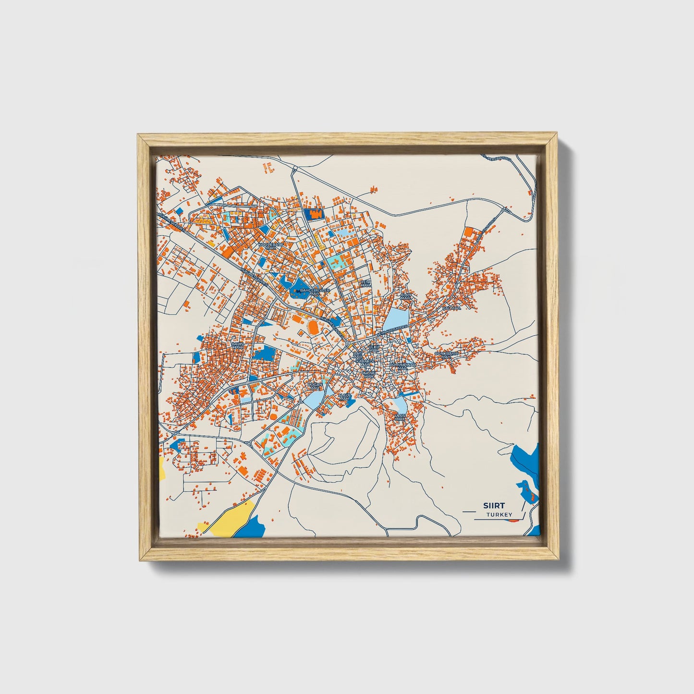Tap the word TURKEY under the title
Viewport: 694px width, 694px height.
(499, 514)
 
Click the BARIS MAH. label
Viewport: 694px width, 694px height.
(238, 345)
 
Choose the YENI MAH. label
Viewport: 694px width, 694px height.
(366, 283)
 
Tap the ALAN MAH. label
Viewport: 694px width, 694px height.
(406, 296)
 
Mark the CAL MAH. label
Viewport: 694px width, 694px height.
(451, 307)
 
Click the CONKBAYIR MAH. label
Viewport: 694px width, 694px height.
(447, 354)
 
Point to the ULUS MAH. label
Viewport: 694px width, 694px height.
(400, 417)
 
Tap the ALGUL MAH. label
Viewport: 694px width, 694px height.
(345, 397)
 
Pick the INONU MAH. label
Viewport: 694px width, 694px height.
(369, 375)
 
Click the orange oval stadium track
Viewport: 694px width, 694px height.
(313, 328)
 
